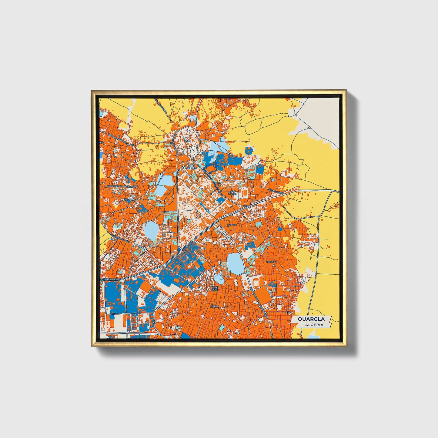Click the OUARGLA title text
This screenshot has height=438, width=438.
(x=311, y=319)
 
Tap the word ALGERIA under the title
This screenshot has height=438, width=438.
(x=314, y=325)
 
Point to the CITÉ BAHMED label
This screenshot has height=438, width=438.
(x=191, y=167)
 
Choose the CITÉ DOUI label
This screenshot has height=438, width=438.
(x=215, y=288)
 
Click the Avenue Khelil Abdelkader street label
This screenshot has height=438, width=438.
(x=122, y=186)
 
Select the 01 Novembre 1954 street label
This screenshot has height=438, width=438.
(x=112, y=278)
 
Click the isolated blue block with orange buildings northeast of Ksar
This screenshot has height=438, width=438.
(x=249, y=150)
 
